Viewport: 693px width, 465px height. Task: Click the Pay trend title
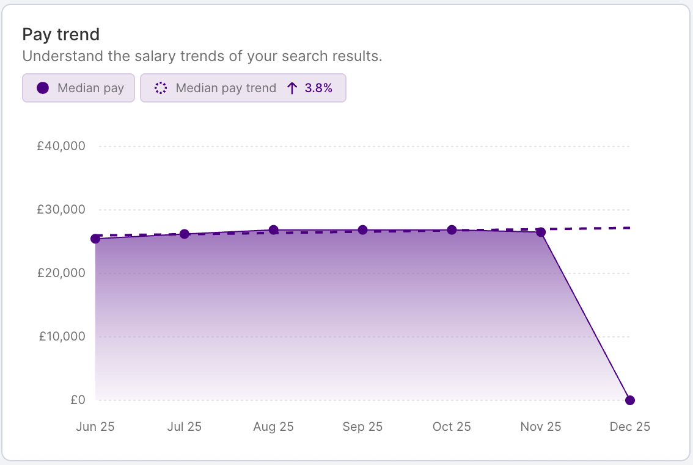pos(61,35)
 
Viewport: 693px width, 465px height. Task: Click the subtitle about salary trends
pos(202,57)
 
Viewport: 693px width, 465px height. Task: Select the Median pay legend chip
pos(78,88)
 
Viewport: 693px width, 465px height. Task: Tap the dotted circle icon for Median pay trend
pos(161,88)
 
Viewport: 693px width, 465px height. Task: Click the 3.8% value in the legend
pos(318,88)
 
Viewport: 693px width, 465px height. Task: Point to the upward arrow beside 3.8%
pos(292,88)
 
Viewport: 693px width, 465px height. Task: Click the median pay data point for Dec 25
pos(630,400)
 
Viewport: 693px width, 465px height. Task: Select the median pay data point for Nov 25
pos(541,232)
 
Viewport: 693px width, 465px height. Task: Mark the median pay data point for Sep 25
pos(362,230)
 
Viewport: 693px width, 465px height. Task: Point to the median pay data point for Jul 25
pos(185,234)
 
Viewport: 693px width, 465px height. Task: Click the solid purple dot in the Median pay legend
pos(43,88)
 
